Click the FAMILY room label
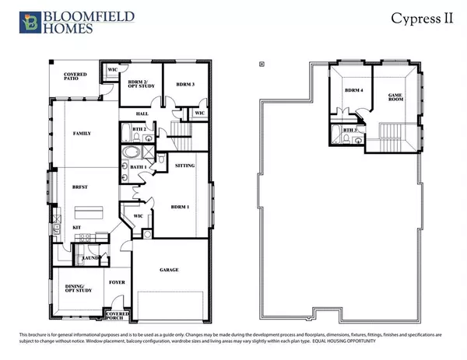[83, 134]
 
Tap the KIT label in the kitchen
[77, 227]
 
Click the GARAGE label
[169, 270]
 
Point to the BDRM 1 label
[181, 206]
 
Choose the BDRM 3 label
[184, 83]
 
